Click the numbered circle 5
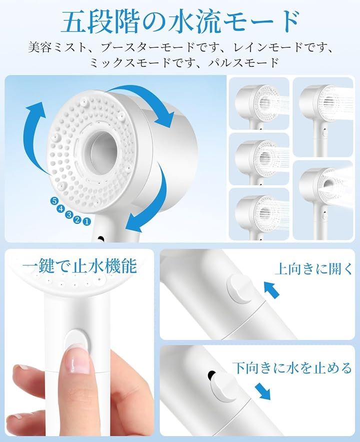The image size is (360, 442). click(54, 201)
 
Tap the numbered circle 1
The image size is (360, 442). click(87, 221)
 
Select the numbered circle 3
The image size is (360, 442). click(69, 214)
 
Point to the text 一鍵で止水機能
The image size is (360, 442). click(79, 266)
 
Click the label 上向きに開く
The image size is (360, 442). click(313, 268)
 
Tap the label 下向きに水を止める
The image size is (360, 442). click(292, 368)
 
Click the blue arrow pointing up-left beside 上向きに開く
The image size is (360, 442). click(271, 290)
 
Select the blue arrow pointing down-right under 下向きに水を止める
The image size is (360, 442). click(262, 392)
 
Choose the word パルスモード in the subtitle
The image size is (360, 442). click(243, 62)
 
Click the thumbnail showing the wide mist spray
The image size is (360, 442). click(323, 200)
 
